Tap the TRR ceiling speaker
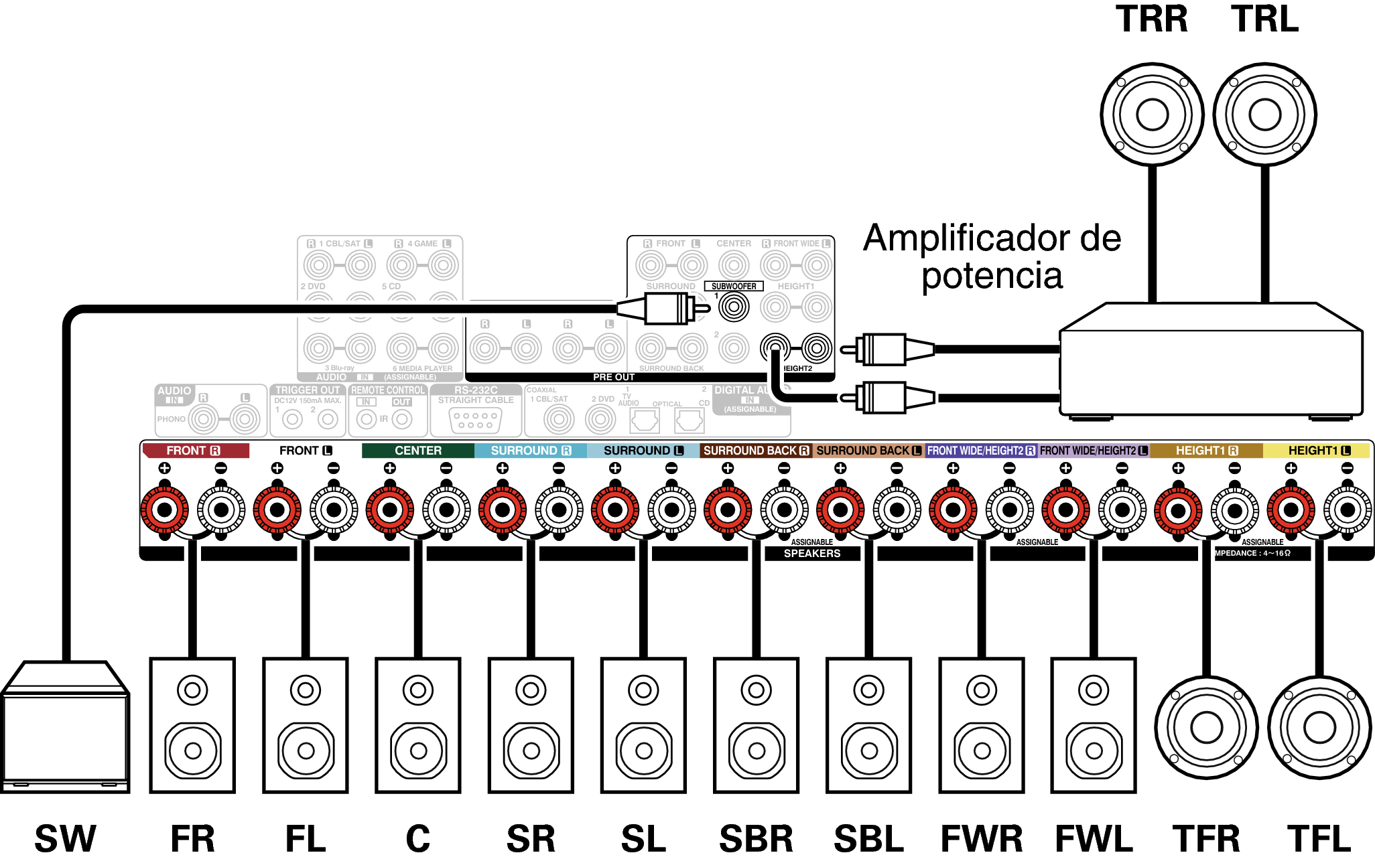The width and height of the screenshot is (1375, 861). click(x=1152, y=114)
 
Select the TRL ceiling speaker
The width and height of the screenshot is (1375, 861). click(x=1264, y=114)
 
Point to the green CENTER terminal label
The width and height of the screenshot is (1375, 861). click(x=417, y=451)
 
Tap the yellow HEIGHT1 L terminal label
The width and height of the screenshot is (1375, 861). click(x=1317, y=451)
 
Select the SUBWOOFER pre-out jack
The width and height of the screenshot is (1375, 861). click(x=734, y=307)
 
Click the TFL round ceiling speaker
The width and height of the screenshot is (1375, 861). click(x=1319, y=728)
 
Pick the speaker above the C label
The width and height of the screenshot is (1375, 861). click(x=417, y=725)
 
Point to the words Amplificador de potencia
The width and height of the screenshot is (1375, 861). click(x=992, y=256)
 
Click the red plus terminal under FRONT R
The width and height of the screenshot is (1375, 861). click(x=164, y=510)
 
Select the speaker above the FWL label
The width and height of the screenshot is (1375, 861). click(x=1094, y=725)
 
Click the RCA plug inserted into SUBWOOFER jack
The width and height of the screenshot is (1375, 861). click(x=663, y=309)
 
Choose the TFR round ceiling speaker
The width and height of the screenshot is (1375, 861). click(x=1206, y=728)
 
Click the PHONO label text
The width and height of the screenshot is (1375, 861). click(x=172, y=419)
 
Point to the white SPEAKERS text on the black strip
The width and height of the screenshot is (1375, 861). click(x=811, y=554)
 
